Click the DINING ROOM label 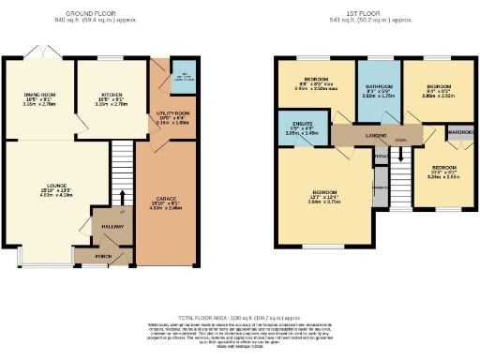coord(40,95)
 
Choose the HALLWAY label coord(113,226)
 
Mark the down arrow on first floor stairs coord(400,141)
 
